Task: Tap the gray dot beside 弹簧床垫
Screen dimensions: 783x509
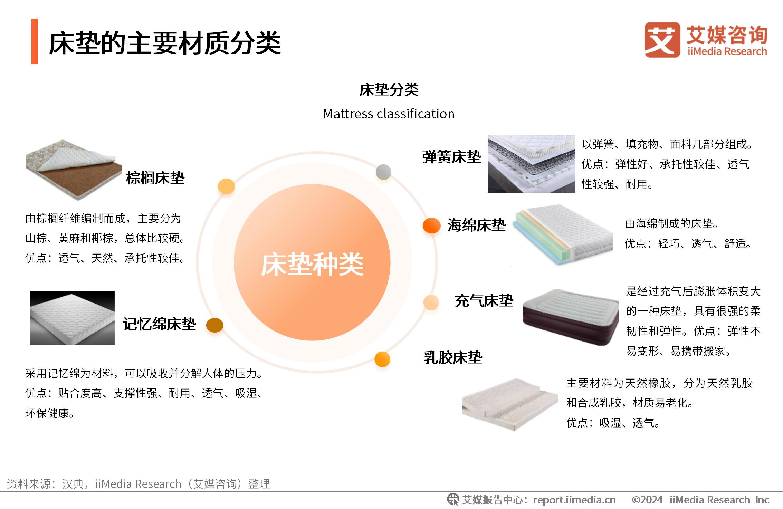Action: pos(383,172)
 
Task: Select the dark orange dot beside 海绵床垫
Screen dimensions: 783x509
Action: pos(432,225)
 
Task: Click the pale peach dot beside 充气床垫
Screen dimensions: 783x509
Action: pos(431,302)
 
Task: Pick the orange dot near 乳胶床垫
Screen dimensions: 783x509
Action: pos(382,359)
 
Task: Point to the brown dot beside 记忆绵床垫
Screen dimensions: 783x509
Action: pos(215,325)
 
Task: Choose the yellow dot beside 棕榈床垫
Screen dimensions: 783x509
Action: pos(226,186)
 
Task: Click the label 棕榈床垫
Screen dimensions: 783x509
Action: pos(155,178)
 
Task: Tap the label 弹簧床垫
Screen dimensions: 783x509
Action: pos(452,157)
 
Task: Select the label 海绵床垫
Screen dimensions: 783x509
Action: pos(477,225)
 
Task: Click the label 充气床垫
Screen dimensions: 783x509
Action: pos(484,301)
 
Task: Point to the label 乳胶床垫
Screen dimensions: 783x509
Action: pos(453,357)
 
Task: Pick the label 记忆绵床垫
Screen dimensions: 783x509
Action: pos(160,324)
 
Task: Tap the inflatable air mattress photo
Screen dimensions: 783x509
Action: pos(571,317)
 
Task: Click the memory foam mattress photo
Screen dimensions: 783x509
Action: pos(73,318)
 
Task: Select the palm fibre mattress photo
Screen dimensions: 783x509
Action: pos(74,170)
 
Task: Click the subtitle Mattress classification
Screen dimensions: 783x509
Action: pos(389,114)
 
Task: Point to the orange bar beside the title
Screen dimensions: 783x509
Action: pos(35,41)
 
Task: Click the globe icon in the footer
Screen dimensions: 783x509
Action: pos(453,499)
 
